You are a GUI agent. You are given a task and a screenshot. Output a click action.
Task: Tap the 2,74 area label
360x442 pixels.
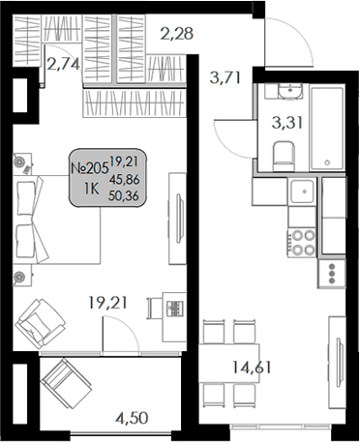(65, 67)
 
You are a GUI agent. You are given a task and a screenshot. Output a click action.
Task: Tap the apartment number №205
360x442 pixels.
(89, 167)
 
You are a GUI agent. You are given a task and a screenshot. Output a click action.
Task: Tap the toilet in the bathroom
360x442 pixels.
(284, 156)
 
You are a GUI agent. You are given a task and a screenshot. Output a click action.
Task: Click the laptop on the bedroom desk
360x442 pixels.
(177, 309)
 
